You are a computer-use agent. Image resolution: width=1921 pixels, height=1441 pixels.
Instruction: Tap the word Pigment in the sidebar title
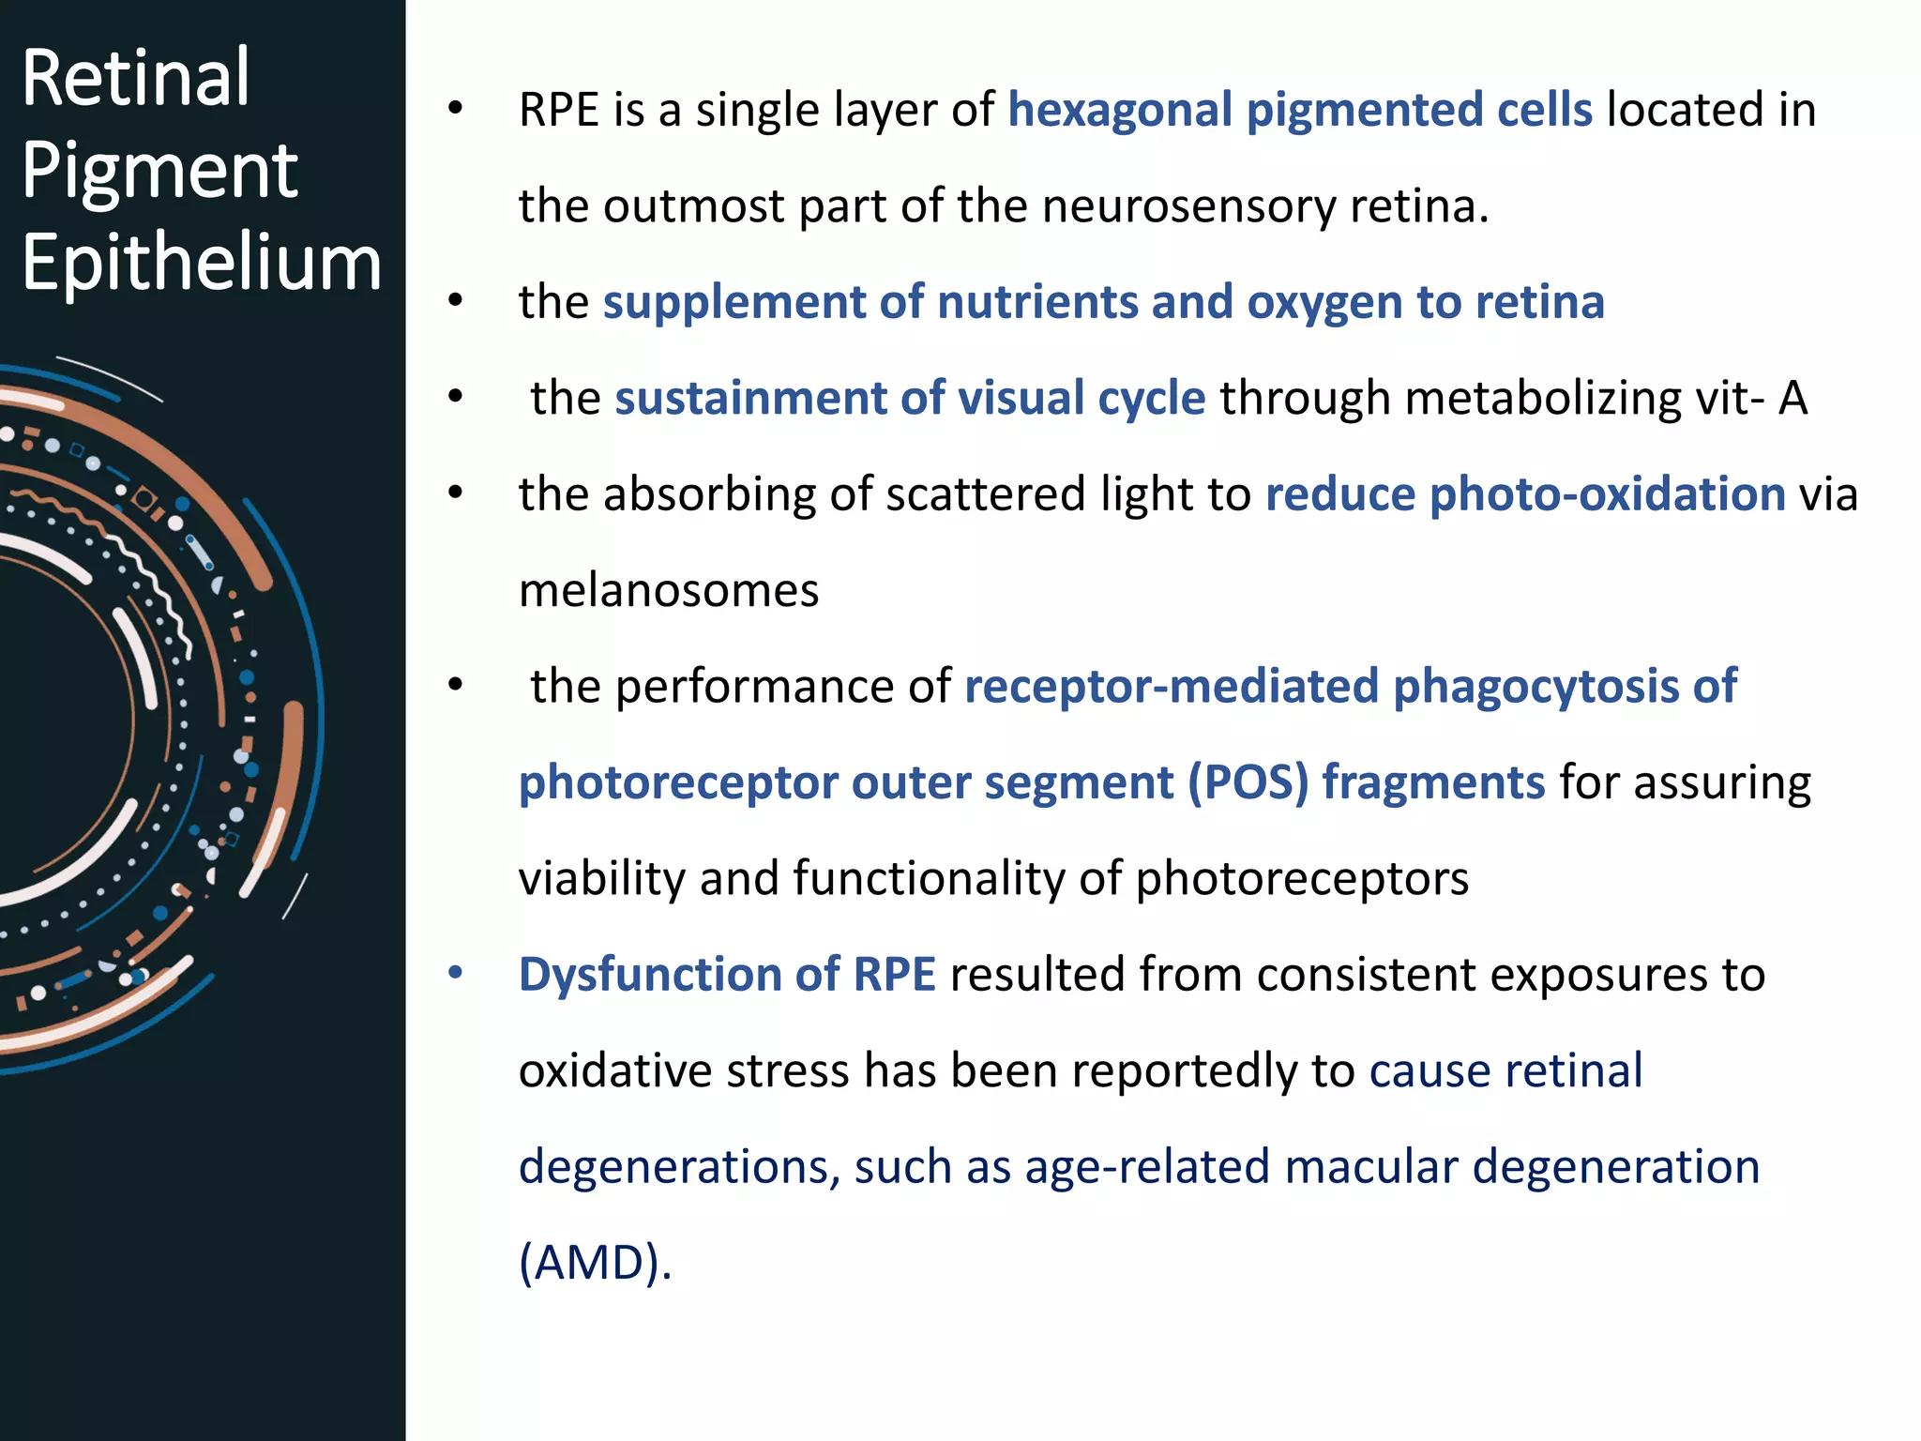(x=159, y=171)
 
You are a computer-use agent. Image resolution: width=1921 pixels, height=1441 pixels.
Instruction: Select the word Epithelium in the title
(x=202, y=263)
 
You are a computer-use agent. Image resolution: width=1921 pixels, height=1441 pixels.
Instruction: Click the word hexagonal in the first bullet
(x=1120, y=111)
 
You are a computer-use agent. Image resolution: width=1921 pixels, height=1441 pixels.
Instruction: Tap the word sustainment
(x=749, y=399)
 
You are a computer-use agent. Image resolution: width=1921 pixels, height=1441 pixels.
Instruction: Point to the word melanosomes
(x=669, y=591)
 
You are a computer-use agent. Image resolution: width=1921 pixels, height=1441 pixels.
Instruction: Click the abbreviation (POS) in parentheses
(x=1248, y=783)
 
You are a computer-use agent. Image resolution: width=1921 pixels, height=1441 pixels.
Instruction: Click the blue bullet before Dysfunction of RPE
(x=456, y=973)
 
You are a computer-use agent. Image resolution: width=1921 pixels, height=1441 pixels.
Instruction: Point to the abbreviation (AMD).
(x=595, y=1263)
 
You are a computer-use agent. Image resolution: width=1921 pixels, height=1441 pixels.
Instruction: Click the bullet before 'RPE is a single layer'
(x=456, y=109)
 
